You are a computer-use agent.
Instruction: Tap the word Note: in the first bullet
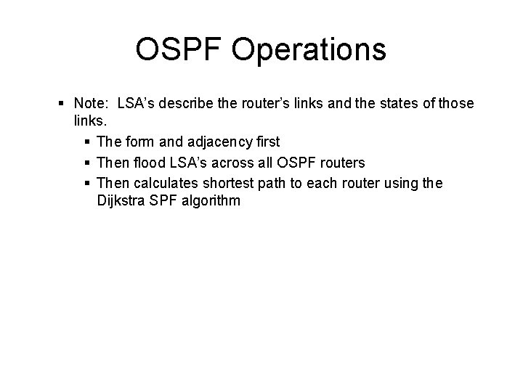click(x=91, y=104)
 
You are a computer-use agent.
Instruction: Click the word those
click(x=457, y=104)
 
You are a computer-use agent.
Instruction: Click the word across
click(x=230, y=163)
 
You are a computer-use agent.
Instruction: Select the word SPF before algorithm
click(x=161, y=200)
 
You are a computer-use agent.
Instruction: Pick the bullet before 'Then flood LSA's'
click(x=89, y=163)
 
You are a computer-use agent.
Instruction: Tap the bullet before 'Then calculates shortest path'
click(x=89, y=182)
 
